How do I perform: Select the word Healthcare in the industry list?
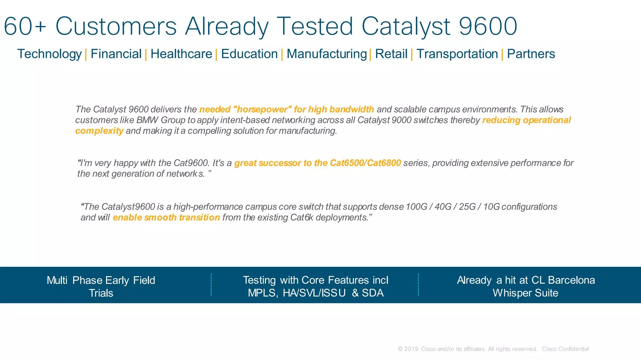tap(181, 54)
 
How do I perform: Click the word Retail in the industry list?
tap(391, 54)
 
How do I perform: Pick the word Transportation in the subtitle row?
tap(457, 54)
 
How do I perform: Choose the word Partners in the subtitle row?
tap(531, 54)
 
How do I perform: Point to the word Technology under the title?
tap(49, 54)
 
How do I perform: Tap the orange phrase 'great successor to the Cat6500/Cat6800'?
tap(317, 163)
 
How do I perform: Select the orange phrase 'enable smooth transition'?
tap(166, 217)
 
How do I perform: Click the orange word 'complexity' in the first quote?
tap(99, 131)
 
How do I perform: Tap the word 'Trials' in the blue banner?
tap(101, 293)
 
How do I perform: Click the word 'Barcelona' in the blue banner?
tap(571, 280)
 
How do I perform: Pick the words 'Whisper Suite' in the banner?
tap(525, 293)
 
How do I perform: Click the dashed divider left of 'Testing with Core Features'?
tap(211, 285)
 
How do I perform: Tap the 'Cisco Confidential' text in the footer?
tap(565, 349)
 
